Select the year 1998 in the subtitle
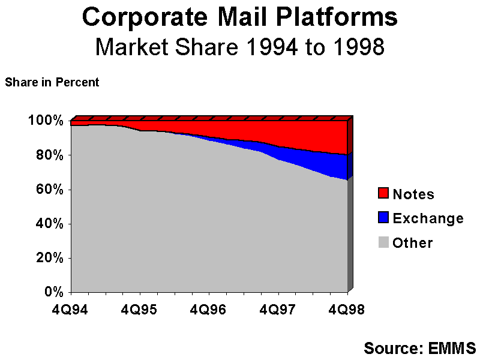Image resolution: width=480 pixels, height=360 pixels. point(353,46)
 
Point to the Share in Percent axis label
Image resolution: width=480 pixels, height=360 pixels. point(52,83)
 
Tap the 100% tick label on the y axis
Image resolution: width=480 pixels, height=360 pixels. point(46,121)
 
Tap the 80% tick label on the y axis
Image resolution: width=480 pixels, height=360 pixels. point(49,155)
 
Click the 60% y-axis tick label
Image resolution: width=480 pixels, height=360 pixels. point(49,189)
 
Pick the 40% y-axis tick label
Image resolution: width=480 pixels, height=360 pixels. point(49,224)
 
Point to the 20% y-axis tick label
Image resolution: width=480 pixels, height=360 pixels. point(49,258)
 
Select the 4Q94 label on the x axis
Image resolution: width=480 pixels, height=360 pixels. point(71,309)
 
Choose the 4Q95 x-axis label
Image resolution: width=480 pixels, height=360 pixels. point(140,309)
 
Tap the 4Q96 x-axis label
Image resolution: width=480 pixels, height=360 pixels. point(209,309)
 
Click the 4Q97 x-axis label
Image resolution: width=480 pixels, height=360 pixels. point(278,309)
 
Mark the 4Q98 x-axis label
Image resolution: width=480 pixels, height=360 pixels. point(347,309)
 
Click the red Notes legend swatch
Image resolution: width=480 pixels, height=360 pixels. point(383,194)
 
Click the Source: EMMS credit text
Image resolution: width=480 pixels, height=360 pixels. point(419,347)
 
